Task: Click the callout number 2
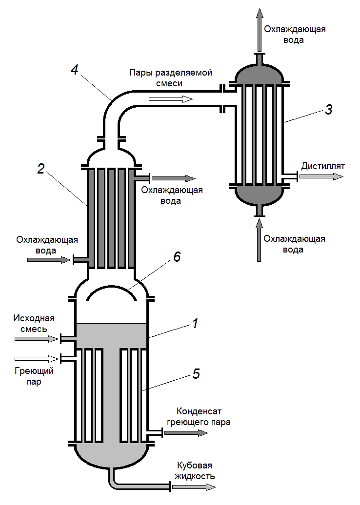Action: click(41, 169)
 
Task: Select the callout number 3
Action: click(329, 110)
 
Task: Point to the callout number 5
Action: click(196, 374)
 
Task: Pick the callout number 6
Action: click(177, 257)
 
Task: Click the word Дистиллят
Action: click(322, 166)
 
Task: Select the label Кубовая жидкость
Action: click(195, 470)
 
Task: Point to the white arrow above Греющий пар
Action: click(37, 359)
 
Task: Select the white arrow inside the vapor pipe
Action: click(171, 99)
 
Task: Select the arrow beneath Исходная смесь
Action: click(37, 338)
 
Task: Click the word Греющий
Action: click(34, 371)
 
